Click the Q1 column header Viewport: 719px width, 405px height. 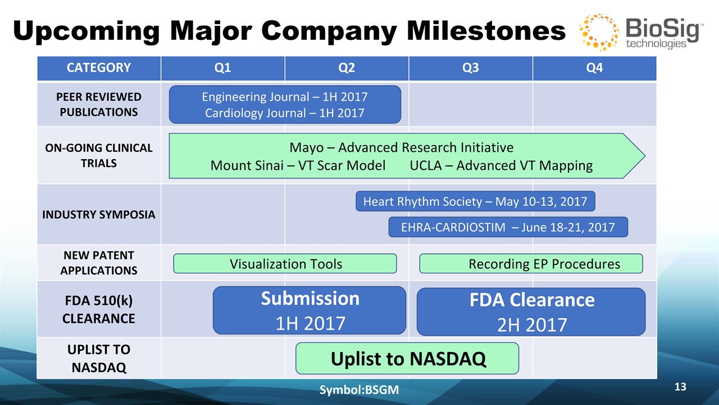[223, 68]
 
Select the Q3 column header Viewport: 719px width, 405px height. [471, 68]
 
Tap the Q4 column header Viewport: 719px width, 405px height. [594, 68]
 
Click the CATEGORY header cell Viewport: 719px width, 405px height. [99, 68]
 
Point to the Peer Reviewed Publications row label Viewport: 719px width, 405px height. [99, 105]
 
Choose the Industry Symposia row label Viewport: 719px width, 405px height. [99, 214]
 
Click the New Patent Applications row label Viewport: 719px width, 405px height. [99, 263]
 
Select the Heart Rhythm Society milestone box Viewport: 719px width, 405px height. [475, 201]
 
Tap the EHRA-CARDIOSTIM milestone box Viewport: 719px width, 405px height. [508, 227]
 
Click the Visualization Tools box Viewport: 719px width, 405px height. [285, 264]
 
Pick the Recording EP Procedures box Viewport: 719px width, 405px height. [531, 264]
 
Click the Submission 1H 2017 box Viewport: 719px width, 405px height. [310, 310]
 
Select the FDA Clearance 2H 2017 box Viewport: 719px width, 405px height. [531, 312]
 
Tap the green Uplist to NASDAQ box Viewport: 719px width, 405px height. [407, 358]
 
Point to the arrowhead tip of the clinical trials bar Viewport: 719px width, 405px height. [645, 156]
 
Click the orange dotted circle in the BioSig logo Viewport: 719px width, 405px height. [599, 32]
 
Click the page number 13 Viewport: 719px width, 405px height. [680, 386]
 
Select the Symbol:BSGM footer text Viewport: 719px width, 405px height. [359, 390]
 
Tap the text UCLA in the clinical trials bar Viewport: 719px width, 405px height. [426, 165]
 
